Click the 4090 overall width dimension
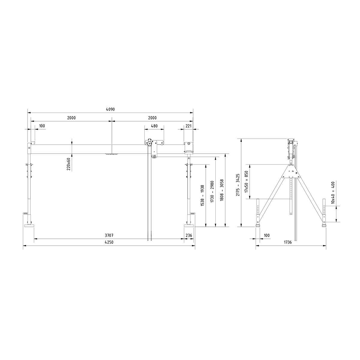coord(111,110)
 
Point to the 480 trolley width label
coord(154,126)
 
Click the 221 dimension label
coord(188,126)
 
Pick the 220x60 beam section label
coord(68,164)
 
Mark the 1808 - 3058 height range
coord(222,190)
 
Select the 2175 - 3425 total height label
coord(238,184)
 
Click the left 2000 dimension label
coord(71,118)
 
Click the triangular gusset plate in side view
coord(290,171)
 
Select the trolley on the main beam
coord(154,143)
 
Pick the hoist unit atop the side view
coord(291,148)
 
